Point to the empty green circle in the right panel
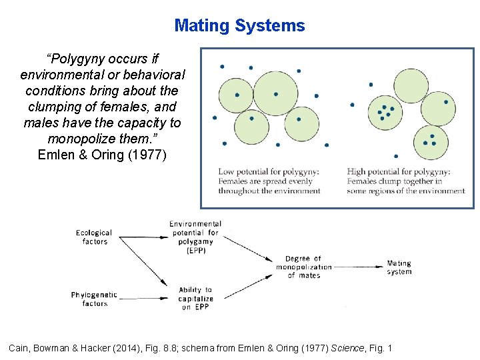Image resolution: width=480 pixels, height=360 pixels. (411, 85)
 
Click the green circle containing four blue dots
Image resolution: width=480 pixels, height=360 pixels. (385, 111)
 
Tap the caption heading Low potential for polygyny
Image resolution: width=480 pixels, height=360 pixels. (269, 172)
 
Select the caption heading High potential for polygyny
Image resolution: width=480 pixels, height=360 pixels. (399, 172)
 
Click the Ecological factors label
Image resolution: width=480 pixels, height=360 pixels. (94, 237)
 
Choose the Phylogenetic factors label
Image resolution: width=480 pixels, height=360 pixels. (94, 299)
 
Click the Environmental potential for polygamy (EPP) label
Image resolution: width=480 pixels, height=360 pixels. (194, 237)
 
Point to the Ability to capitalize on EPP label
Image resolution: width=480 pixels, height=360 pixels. (195, 299)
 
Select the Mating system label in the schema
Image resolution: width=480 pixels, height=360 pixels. (399, 267)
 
